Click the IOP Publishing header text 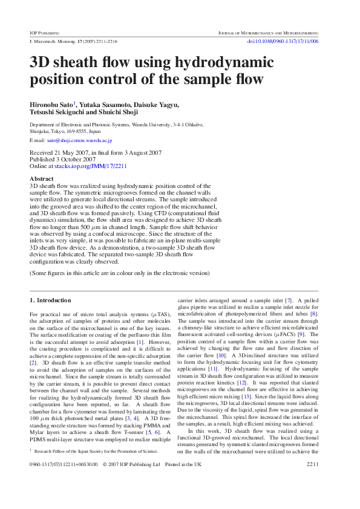point(45,32)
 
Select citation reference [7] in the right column point(289,300)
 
